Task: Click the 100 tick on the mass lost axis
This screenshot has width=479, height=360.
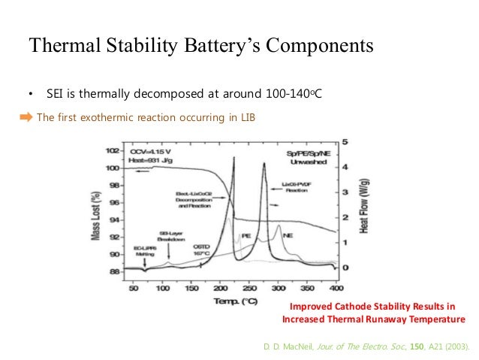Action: pyautogui.click(x=113, y=167)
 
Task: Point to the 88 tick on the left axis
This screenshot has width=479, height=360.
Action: pyautogui.click(x=114, y=273)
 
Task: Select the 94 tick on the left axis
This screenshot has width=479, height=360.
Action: pyautogui.click(x=114, y=220)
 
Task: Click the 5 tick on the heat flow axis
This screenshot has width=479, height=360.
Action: pyautogui.click(x=345, y=141)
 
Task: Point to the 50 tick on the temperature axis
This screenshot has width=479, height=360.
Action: pyautogui.click(x=134, y=289)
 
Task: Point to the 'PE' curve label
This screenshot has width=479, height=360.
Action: pyautogui.click(x=246, y=236)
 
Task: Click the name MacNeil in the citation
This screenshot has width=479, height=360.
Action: pyautogui.click(x=298, y=346)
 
